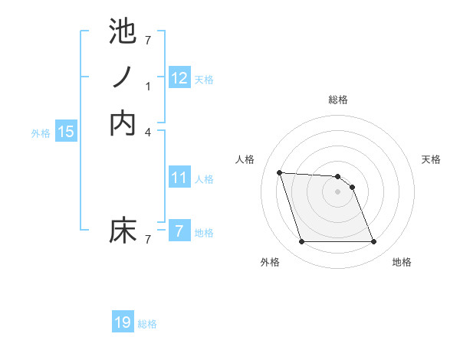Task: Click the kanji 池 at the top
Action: point(123,31)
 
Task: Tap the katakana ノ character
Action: point(123,77)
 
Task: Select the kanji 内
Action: point(123,123)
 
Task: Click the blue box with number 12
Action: point(179,77)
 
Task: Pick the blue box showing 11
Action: point(179,178)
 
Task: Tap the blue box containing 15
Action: point(66,132)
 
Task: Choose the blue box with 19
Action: point(123,322)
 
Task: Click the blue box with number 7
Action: point(179,231)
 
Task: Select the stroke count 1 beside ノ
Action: point(148,87)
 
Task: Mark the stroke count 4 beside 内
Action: point(148,132)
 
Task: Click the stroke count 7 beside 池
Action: point(148,40)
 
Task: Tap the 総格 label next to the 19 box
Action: point(147,324)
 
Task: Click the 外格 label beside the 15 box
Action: point(41,133)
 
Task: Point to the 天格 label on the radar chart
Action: point(431,159)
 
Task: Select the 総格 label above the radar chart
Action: point(338,100)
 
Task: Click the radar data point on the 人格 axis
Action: point(279,172)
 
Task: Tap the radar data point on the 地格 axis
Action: point(373,242)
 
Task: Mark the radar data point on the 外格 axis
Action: point(301,242)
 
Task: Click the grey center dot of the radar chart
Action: point(337,191)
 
